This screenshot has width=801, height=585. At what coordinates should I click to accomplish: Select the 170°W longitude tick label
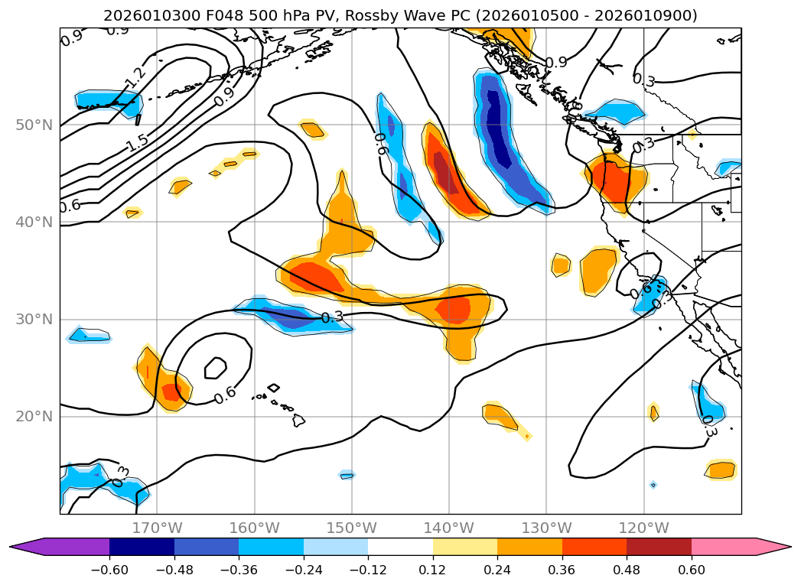pos(157,528)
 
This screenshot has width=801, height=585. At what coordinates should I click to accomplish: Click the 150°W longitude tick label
pos(352,528)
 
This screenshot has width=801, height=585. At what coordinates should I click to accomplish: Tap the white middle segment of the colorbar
pos(400,546)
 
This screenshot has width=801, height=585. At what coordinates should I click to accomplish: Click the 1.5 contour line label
pos(138,142)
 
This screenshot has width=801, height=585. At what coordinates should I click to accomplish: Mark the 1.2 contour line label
pos(135,77)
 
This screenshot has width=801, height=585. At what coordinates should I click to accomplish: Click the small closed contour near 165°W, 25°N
pos(216,368)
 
